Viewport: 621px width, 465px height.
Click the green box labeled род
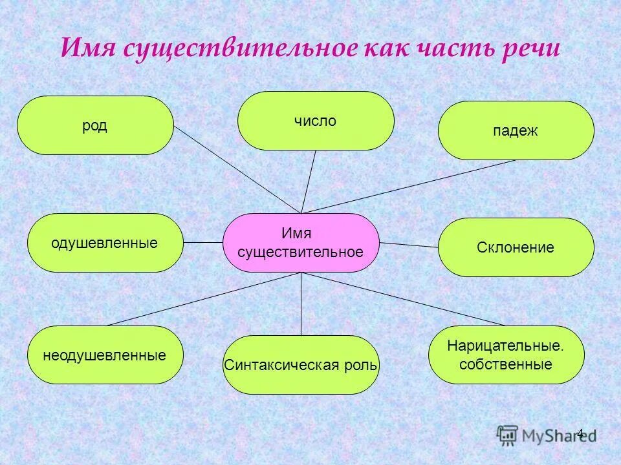[95, 125]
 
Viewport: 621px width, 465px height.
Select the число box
[316, 121]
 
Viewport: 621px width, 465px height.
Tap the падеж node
[516, 130]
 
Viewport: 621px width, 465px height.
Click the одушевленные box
[105, 243]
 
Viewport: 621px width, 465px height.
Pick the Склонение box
[516, 247]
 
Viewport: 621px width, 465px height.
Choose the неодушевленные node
[105, 355]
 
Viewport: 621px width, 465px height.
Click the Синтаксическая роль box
[301, 365]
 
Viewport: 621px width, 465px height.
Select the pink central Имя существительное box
[301, 243]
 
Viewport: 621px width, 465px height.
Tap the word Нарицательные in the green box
[506, 346]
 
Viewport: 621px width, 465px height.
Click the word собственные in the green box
[506, 364]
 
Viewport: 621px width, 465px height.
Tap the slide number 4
[580, 433]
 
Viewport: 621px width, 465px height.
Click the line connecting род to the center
[238, 169]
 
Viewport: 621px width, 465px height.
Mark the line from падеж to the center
[408, 187]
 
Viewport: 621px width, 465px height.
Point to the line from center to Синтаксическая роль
[301, 304]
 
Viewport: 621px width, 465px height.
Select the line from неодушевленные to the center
[204, 299]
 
